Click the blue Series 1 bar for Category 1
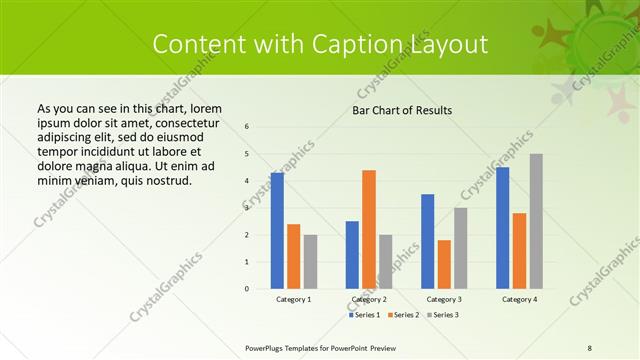point(277,231)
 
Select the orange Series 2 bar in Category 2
point(369,229)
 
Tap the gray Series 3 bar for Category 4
point(536,221)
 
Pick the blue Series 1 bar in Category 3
point(428,241)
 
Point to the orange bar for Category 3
point(444,264)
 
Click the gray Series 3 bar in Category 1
point(310,262)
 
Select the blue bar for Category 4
point(502,228)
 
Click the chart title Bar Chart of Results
point(402,110)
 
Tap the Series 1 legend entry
point(363,315)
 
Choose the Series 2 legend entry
point(403,315)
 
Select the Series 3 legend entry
point(443,315)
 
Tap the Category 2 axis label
point(369,299)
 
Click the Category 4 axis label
point(519,299)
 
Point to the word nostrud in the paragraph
point(162,180)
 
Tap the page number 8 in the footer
point(589,347)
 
